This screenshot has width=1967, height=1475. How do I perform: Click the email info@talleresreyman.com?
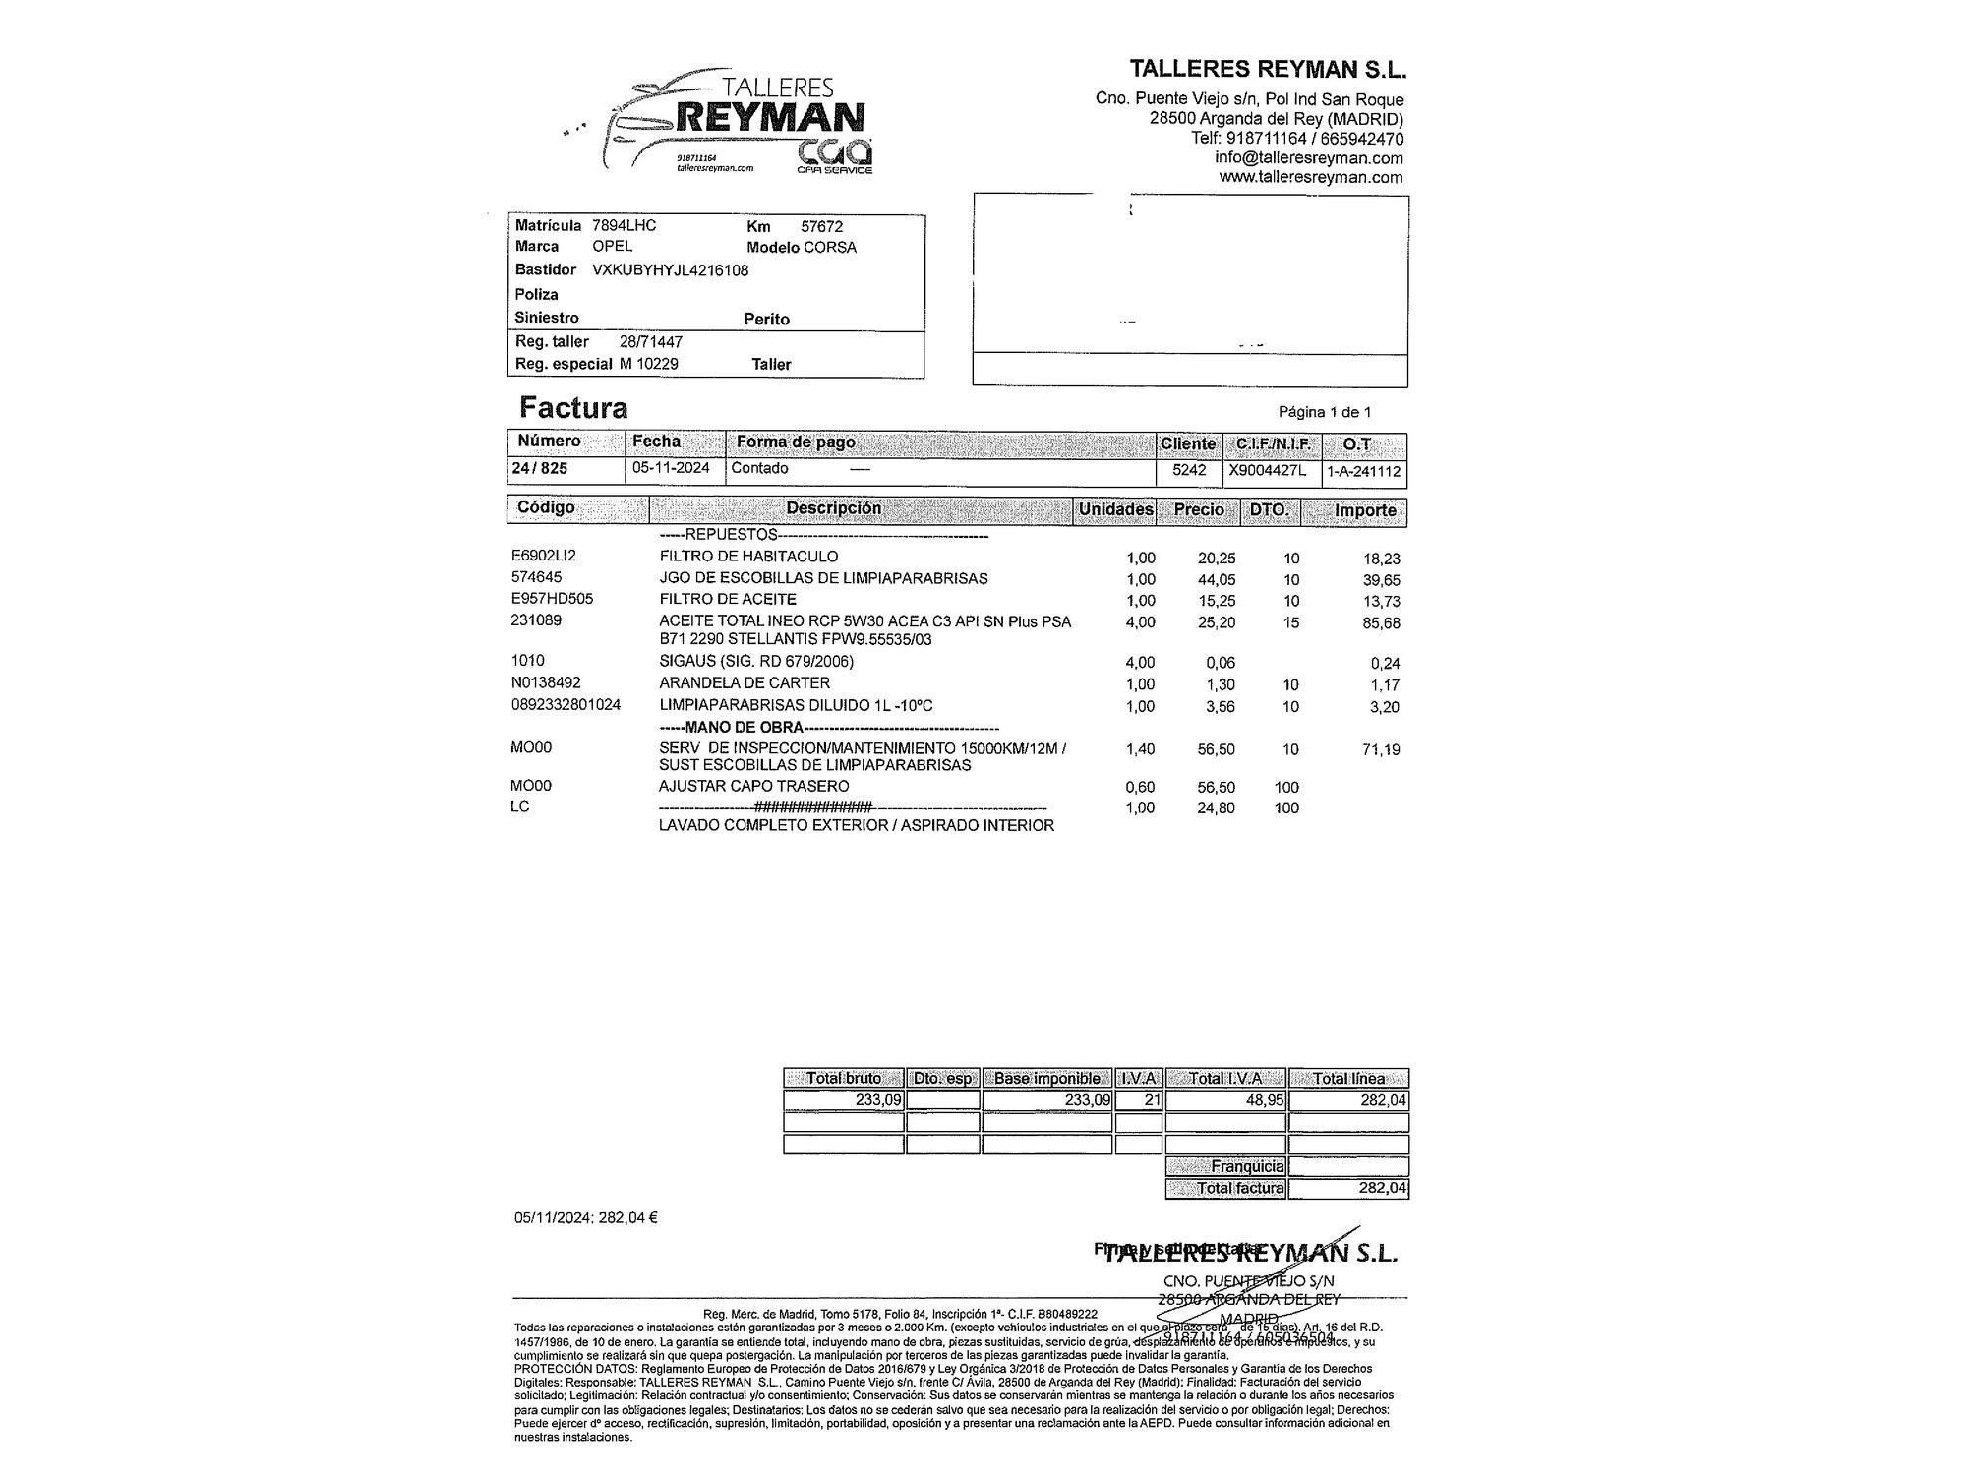(x=1308, y=158)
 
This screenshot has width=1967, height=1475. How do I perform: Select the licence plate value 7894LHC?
(x=624, y=225)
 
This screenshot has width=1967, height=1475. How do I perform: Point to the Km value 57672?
(x=821, y=226)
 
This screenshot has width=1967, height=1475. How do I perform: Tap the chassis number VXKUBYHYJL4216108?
(x=670, y=270)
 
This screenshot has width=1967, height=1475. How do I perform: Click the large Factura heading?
(x=573, y=407)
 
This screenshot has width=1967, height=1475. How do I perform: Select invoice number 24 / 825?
(x=540, y=468)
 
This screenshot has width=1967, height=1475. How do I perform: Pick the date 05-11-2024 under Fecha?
(x=671, y=468)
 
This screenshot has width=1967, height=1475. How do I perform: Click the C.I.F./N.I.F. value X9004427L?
(x=1268, y=470)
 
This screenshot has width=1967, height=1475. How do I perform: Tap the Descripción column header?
(x=833, y=508)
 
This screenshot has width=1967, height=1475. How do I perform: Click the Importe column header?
(x=1365, y=510)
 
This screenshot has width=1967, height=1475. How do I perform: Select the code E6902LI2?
(x=544, y=556)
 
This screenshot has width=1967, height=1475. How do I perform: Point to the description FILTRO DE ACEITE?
(x=728, y=599)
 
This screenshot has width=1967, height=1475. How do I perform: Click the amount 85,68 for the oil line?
(x=1381, y=623)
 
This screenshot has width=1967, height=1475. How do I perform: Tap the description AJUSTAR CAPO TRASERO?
(x=753, y=786)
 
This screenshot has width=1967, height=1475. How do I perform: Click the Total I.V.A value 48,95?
(x=1266, y=1100)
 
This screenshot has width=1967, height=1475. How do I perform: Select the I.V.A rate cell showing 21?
(x=1152, y=1100)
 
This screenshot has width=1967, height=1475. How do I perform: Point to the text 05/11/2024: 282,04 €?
(x=586, y=1217)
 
